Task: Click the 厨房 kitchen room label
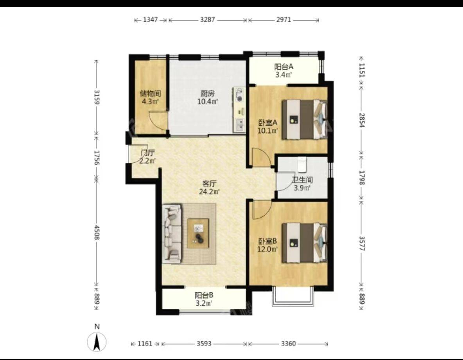[208, 94]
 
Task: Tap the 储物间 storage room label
[150, 94]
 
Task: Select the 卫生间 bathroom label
[302, 180]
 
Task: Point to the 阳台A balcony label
[284, 67]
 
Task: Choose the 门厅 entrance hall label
[147, 153]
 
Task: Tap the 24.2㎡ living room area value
[209, 192]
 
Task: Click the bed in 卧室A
[305, 119]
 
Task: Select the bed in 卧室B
[305, 243]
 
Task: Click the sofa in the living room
[172, 233]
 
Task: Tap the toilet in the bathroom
[302, 165]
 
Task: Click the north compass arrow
[97, 342]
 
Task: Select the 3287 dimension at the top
[208, 20]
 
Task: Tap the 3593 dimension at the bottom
[204, 344]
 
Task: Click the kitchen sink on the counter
[240, 125]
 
